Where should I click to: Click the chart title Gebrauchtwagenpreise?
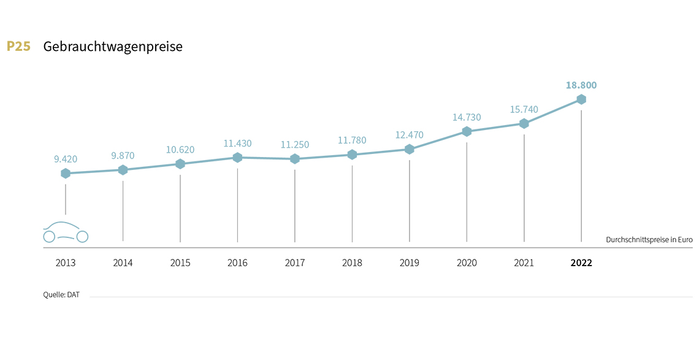click(113, 47)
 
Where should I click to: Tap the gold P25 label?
click(18, 47)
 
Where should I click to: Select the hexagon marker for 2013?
click(66, 174)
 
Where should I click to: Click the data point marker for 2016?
click(237, 158)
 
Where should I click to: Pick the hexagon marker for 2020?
click(467, 132)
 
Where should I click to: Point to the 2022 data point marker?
click(581, 99)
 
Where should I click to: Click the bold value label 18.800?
click(581, 85)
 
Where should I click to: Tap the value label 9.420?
click(66, 159)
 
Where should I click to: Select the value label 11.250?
click(295, 145)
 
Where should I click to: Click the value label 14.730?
click(467, 117)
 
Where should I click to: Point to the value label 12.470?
click(410, 135)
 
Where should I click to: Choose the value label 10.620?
click(180, 149)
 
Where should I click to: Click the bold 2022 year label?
click(581, 263)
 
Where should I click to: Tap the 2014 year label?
click(123, 263)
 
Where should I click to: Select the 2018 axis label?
click(352, 263)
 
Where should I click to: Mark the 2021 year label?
click(524, 263)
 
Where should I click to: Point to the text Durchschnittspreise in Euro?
click(649, 240)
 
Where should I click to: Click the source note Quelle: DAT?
click(61, 295)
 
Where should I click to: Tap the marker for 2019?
click(410, 150)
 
